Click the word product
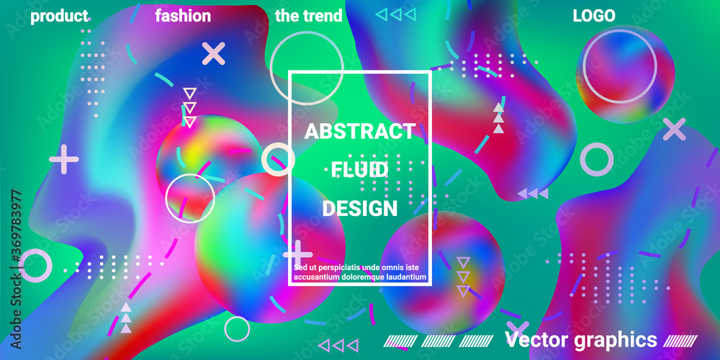pos(59,17)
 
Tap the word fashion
pos(183,16)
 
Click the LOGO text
pos(594,16)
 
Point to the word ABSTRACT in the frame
pos(360,132)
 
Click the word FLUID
pos(360,171)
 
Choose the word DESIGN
pos(359,209)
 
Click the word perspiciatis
pos(338,268)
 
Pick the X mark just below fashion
pos(214,53)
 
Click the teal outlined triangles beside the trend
pos(396,15)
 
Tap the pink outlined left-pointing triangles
pos(338,346)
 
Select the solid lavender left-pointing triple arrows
pos(533,193)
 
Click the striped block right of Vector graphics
pos(680,341)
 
